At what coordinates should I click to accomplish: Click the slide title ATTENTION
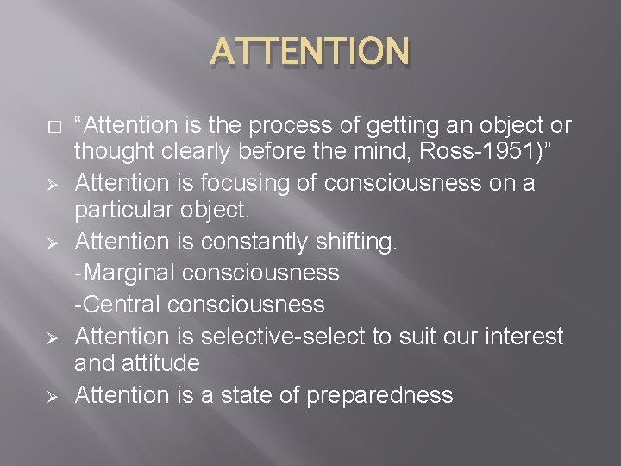point(310,53)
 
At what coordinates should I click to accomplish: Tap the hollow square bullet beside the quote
point(53,126)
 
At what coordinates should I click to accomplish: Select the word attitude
point(162,363)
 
